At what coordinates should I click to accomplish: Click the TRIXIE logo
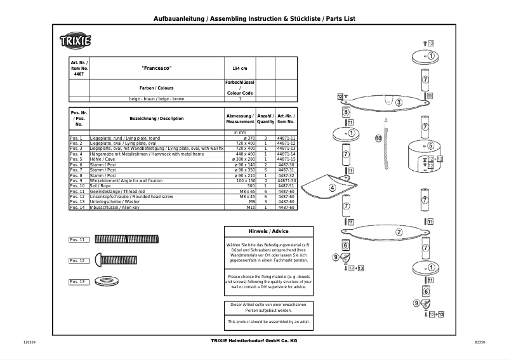coord(76,41)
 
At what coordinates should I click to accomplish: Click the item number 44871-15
coord(286,159)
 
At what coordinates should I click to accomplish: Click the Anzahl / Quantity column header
coord(265,118)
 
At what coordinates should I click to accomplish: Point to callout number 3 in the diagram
coord(398,102)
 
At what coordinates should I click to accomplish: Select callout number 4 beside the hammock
coord(332,188)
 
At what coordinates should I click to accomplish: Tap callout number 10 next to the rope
coord(378,138)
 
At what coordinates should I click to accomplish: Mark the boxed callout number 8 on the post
coord(347,112)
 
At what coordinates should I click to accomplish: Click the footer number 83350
coord(479,343)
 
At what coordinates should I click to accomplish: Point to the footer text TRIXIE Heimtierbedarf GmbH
coord(253,342)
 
